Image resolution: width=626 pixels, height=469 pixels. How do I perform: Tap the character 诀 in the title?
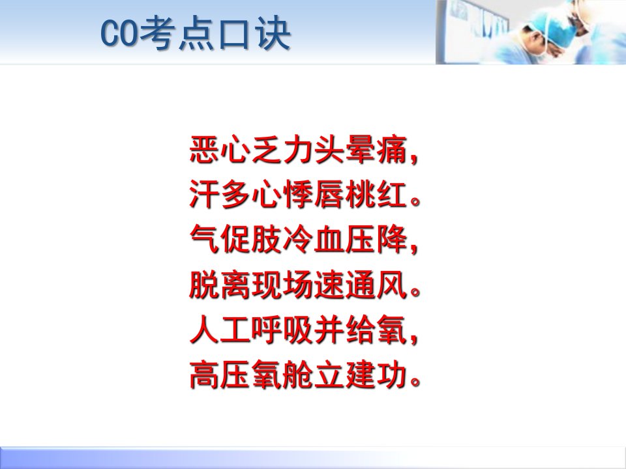[x=273, y=33]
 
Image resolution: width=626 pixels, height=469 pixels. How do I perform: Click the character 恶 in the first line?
[x=205, y=150]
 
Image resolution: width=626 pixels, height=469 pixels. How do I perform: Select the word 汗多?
[x=220, y=194]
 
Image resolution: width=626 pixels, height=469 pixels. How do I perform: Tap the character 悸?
[x=298, y=194]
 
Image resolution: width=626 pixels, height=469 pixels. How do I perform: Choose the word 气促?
[x=220, y=239]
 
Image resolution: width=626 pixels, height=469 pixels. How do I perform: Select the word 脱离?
[x=220, y=285]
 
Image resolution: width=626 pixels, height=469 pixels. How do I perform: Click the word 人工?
[x=220, y=330]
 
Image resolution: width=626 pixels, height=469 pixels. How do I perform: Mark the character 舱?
[x=298, y=375]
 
